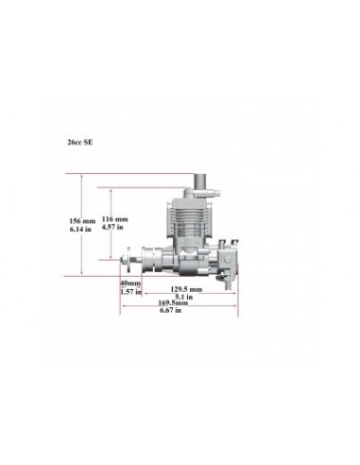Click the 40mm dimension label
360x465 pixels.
pyautogui.click(x=129, y=283)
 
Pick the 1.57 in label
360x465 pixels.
pyautogui.click(x=129, y=291)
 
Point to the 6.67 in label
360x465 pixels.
pyautogui.click(x=174, y=312)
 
